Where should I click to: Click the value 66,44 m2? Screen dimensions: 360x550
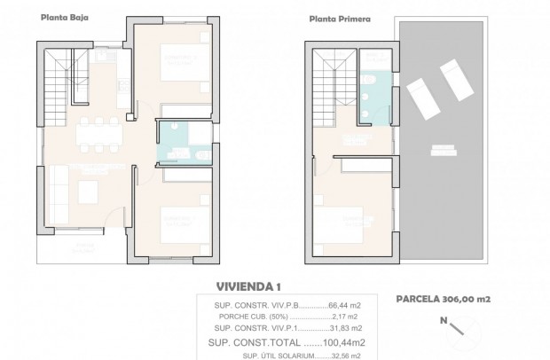344,302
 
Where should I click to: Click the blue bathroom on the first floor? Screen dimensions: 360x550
373,89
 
